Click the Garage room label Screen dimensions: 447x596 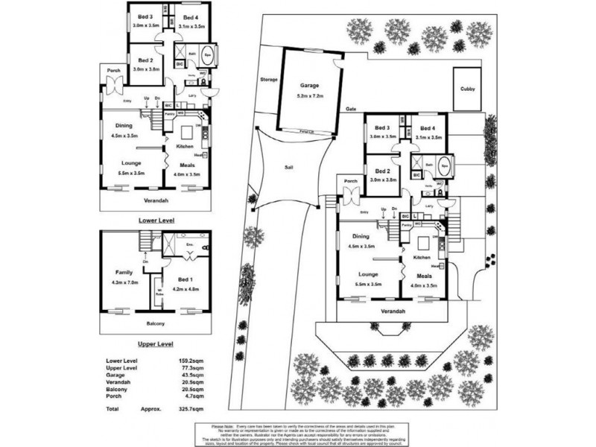309,85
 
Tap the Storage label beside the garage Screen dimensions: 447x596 268,79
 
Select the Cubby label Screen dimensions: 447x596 467,89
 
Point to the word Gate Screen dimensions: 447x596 351,110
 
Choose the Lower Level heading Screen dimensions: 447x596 156,221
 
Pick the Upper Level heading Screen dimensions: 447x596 156,344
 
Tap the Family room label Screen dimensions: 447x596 124,272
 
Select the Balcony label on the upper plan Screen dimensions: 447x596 156,323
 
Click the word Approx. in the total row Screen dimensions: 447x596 151,409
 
